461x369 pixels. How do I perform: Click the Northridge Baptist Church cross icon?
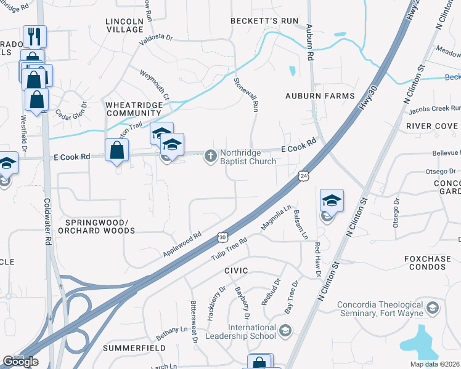pyautogui.click(x=211, y=156)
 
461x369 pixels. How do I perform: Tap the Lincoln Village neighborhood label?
pyautogui.click(x=124, y=25)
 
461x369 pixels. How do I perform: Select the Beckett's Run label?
pyautogui.click(x=264, y=20)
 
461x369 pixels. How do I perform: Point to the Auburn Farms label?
pyautogui.click(x=320, y=96)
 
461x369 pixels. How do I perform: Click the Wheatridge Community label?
pyautogui.click(x=137, y=109)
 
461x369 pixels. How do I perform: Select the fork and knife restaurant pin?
pyautogui.click(x=35, y=36)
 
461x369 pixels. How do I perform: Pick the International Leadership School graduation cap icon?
pyautogui.click(x=285, y=331)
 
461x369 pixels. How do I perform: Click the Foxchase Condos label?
pyautogui.click(x=428, y=263)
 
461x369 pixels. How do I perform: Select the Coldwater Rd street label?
pyautogui.click(x=47, y=222)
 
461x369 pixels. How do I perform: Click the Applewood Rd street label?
pyautogui.click(x=182, y=244)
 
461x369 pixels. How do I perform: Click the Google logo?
pyautogui.click(x=20, y=362)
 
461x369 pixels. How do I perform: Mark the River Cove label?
pyautogui.click(x=432, y=125)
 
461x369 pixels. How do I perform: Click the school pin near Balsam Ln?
pyautogui.click(x=332, y=200)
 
